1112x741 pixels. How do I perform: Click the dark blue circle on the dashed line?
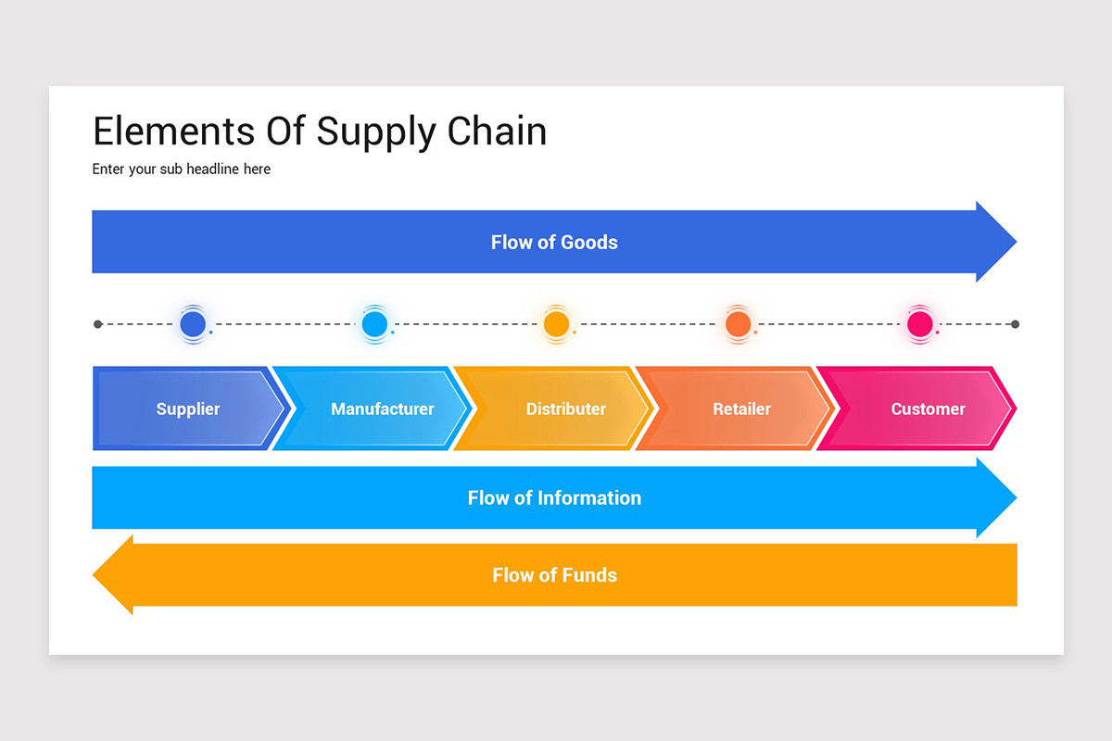(x=193, y=324)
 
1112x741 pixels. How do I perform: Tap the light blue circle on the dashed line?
(x=374, y=324)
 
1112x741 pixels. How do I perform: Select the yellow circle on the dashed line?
(x=556, y=324)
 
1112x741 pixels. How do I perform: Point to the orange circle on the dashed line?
(x=738, y=324)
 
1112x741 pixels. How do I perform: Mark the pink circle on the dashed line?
(x=919, y=324)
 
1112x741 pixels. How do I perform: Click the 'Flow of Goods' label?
(x=554, y=243)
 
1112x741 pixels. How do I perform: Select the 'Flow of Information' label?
(x=554, y=498)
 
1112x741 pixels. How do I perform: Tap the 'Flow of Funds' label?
(x=554, y=575)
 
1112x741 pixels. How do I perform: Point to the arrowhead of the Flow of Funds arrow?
(x=113, y=574)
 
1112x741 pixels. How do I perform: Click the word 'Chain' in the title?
(x=497, y=132)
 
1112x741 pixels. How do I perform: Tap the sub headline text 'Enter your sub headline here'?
(x=182, y=170)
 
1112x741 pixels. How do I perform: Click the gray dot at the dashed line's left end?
(x=98, y=324)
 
